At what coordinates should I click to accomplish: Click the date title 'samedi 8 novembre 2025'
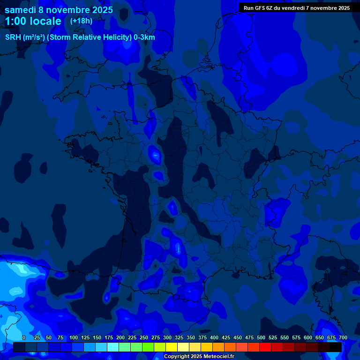pyautogui.click(x=59, y=10)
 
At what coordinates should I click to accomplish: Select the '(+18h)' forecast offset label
pyautogui.click(x=81, y=21)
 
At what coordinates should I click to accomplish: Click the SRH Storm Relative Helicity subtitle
pyautogui.click(x=80, y=37)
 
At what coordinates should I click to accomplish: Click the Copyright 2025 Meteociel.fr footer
pyautogui.click(x=199, y=357)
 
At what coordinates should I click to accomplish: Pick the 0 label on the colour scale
pyautogui.click(x=24, y=337)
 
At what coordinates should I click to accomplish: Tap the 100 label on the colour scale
pyautogui.click(x=74, y=337)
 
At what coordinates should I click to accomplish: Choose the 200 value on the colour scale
pyautogui.click(x=120, y=337)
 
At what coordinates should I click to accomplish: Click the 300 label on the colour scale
pyautogui.click(x=167, y=337)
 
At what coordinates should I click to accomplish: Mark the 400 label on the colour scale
pyautogui.click(x=214, y=337)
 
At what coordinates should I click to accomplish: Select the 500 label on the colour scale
pyautogui.click(x=261, y=337)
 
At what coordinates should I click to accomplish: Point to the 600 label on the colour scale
pyautogui.click(x=308, y=337)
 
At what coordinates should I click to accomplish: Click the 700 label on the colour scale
pyautogui.click(x=343, y=337)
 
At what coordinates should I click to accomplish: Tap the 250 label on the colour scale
pyautogui.click(x=144, y=337)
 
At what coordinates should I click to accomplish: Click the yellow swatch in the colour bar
pyautogui.click(x=171, y=347)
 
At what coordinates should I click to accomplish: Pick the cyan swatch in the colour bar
pyautogui.click(x=112, y=347)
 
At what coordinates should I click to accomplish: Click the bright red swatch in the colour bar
pyautogui.click(x=265, y=347)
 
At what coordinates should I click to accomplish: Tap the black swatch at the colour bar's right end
pyautogui.click(x=335, y=347)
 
